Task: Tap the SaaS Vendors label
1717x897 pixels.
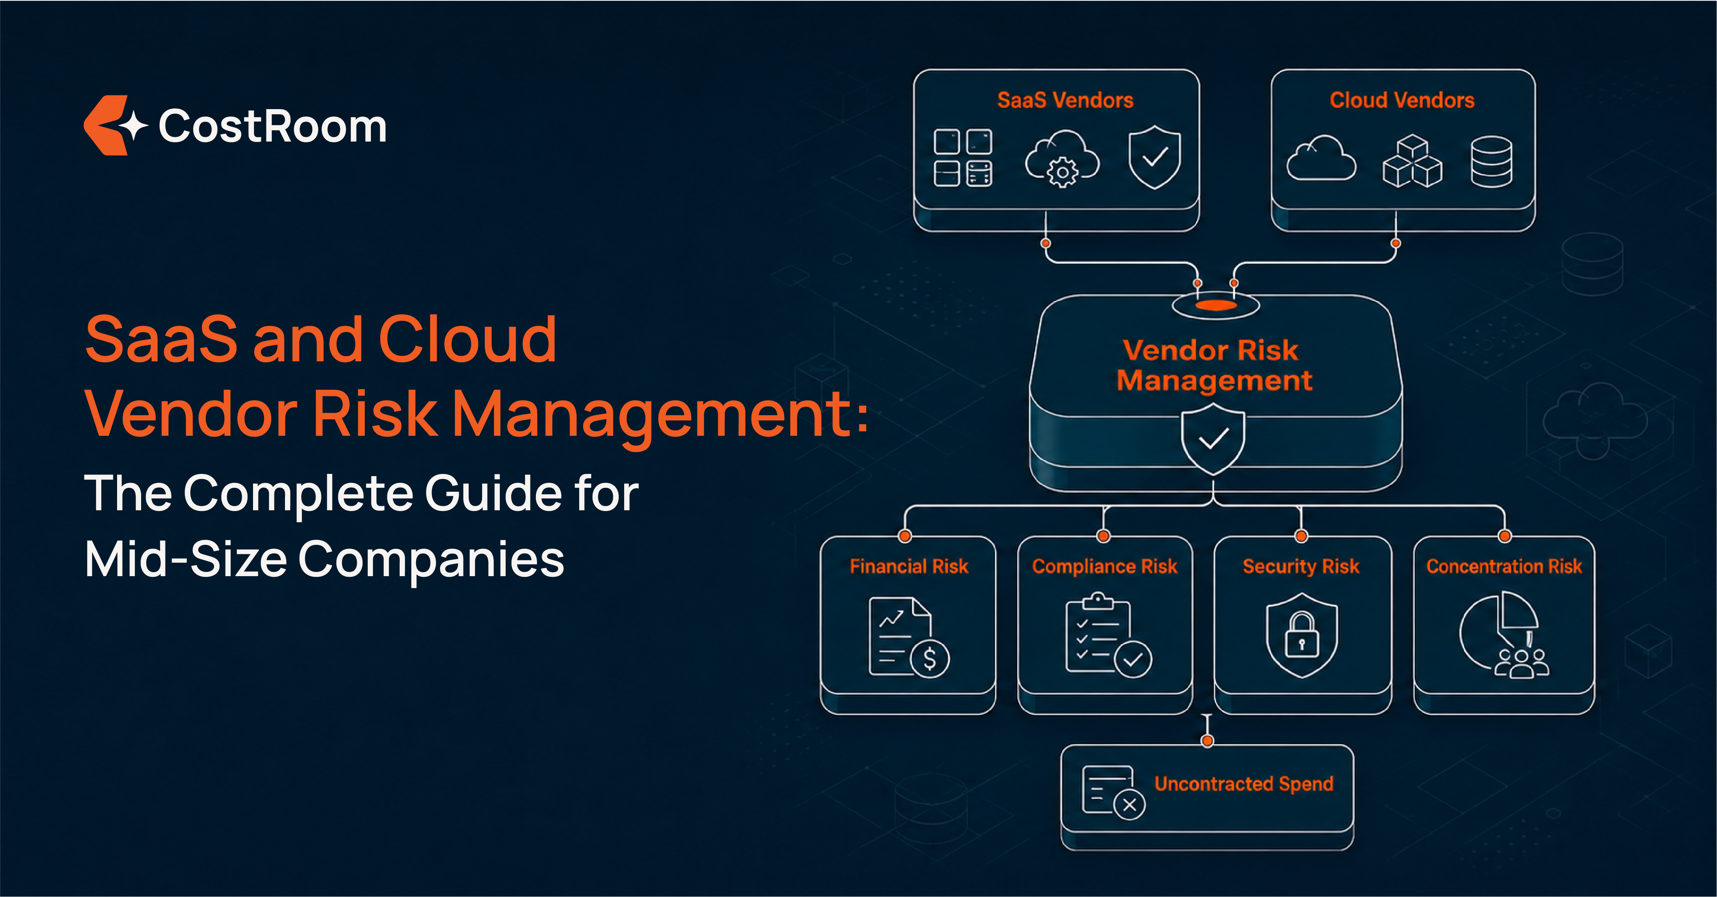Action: click(1065, 100)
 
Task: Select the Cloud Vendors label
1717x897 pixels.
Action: click(1402, 100)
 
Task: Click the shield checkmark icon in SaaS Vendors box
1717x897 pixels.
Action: click(1154, 157)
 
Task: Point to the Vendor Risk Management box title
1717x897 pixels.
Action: click(1214, 365)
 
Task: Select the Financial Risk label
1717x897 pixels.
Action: click(908, 567)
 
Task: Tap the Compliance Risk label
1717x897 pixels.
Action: click(1104, 567)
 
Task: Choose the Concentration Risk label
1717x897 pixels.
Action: click(1504, 567)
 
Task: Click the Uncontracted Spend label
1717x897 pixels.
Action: click(1244, 784)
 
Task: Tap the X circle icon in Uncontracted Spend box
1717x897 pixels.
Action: click(1129, 805)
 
